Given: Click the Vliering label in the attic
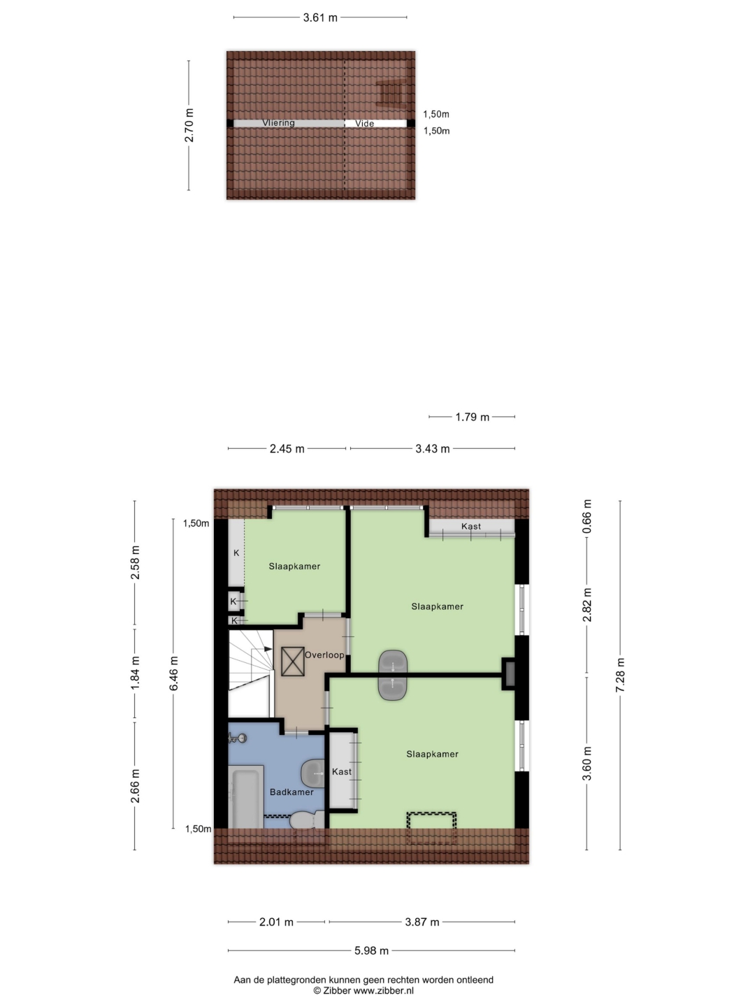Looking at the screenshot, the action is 278,123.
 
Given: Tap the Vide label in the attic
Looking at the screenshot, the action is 364,123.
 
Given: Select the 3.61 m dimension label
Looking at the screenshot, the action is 320,18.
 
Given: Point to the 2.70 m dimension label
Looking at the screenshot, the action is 189,125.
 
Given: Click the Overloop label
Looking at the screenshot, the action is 324,655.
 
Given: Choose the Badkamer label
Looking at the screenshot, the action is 292,792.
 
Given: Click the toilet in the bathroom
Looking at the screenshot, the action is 307,820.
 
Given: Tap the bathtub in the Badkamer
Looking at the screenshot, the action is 245,797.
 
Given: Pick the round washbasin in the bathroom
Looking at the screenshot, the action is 312,773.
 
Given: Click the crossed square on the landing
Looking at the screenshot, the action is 292,661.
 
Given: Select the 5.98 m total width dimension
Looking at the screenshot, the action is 371,950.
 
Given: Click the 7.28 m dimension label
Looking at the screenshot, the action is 620,676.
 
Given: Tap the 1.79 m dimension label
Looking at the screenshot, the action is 472,417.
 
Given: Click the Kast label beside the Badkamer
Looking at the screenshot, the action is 342,771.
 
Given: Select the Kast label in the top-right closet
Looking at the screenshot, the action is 470,526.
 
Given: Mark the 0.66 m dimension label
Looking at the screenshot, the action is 587,516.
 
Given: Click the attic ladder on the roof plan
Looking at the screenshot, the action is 391,93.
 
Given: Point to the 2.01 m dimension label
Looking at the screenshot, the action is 276,922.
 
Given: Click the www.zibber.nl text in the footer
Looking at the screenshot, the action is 383,990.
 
